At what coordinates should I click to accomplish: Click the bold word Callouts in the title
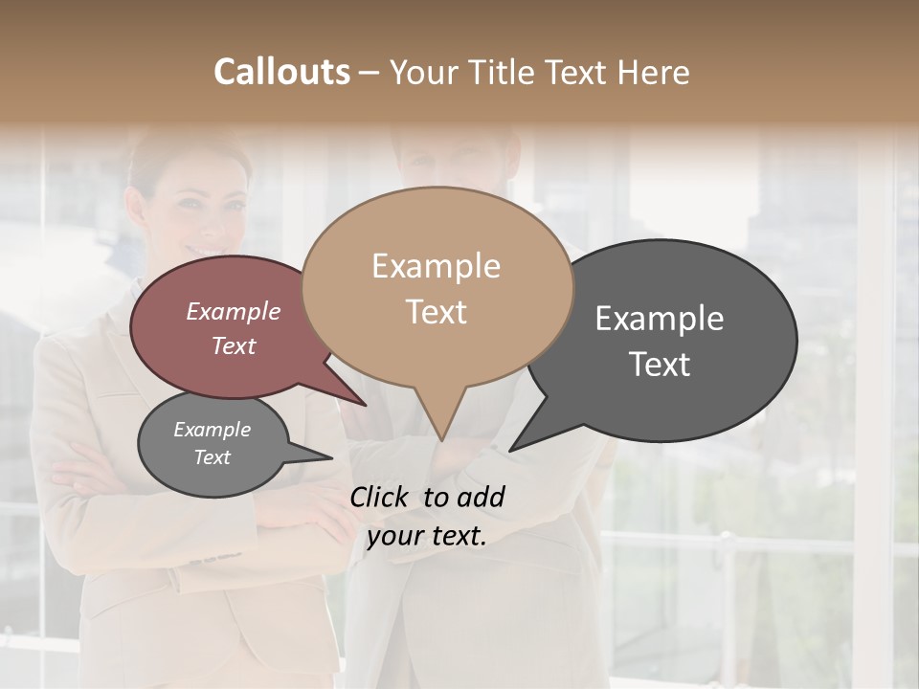[281, 72]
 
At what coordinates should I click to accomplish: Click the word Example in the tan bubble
[436, 266]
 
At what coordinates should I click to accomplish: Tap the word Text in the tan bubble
[436, 312]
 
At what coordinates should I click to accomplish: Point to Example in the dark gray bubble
[660, 318]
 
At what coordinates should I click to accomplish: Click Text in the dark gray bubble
[660, 365]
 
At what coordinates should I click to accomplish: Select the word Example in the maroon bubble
[233, 311]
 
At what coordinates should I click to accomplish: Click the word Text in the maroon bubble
[233, 345]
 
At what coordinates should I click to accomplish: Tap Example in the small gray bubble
[212, 430]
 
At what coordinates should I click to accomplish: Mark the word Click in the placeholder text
[381, 497]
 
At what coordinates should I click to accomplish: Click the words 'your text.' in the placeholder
[427, 536]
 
